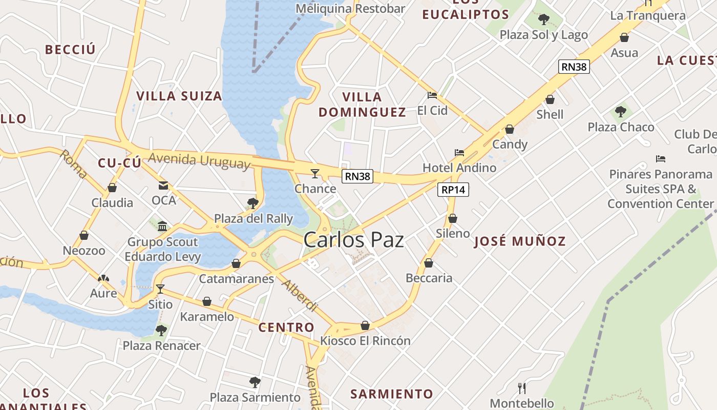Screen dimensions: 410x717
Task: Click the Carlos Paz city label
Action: (353, 240)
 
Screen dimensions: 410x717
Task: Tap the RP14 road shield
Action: (454, 190)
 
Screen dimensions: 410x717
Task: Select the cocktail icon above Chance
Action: (315, 174)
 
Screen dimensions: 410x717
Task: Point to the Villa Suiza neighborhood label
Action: (179, 96)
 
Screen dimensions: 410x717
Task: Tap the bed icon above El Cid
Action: (432, 95)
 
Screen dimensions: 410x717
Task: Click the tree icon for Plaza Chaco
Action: (621, 111)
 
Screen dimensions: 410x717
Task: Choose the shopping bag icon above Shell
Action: (550, 99)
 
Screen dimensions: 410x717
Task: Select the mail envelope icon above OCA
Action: (163, 185)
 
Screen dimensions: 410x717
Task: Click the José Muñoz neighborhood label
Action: (520, 241)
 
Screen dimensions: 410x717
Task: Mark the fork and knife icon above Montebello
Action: (522, 388)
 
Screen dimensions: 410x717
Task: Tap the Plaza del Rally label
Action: (254, 219)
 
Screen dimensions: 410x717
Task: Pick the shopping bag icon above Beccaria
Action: (429, 263)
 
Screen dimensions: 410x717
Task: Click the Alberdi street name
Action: (300, 296)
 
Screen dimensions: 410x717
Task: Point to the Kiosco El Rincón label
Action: (365, 340)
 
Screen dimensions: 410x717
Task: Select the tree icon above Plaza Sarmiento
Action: (255, 382)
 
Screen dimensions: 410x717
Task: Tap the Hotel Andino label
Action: (459, 168)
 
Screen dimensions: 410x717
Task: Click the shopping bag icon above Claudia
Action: (112, 188)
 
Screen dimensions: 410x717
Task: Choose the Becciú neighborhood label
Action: (70, 50)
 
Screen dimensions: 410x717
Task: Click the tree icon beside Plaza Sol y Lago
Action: (544, 19)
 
